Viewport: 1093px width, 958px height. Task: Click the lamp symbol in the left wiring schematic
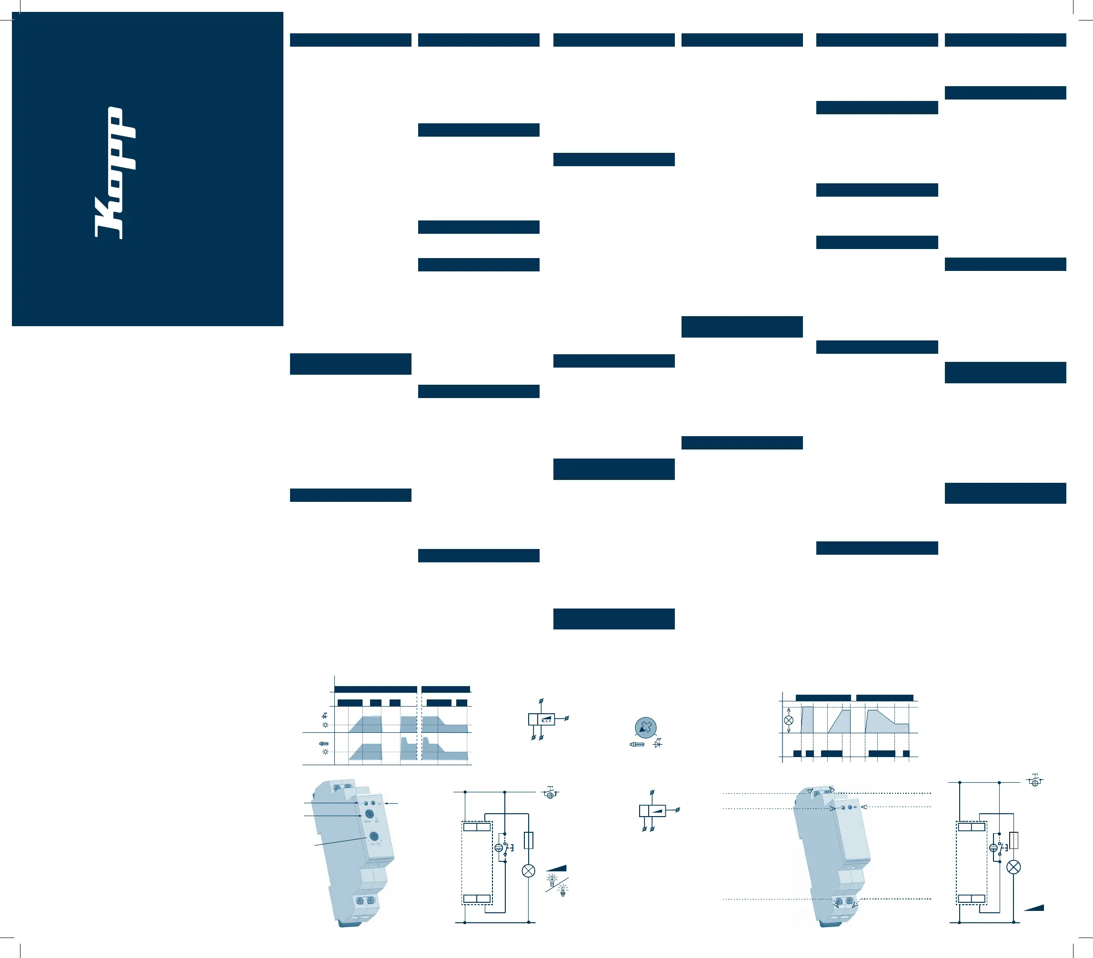[528, 871]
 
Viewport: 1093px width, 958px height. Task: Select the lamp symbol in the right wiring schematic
[1013, 867]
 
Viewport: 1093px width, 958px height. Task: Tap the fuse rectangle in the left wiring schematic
[528, 840]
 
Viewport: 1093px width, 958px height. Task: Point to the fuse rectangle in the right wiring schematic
[1013, 840]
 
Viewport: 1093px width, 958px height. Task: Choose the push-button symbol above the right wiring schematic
[1035, 781]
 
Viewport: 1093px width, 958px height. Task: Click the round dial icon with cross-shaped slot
[645, 728]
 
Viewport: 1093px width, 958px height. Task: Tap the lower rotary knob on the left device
[374, 837]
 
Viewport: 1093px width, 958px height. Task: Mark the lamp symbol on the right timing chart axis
[788, 720]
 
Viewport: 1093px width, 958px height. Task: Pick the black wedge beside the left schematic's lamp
[557, 868]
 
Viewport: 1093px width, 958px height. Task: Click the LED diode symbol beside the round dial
[658, 744]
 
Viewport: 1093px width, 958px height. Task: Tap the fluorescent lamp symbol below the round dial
[637, 744]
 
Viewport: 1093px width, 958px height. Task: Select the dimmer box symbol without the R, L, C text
[652, 810]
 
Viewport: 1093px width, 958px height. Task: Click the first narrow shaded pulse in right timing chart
[807, 719]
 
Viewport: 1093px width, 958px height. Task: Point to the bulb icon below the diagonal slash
[562, 890]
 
